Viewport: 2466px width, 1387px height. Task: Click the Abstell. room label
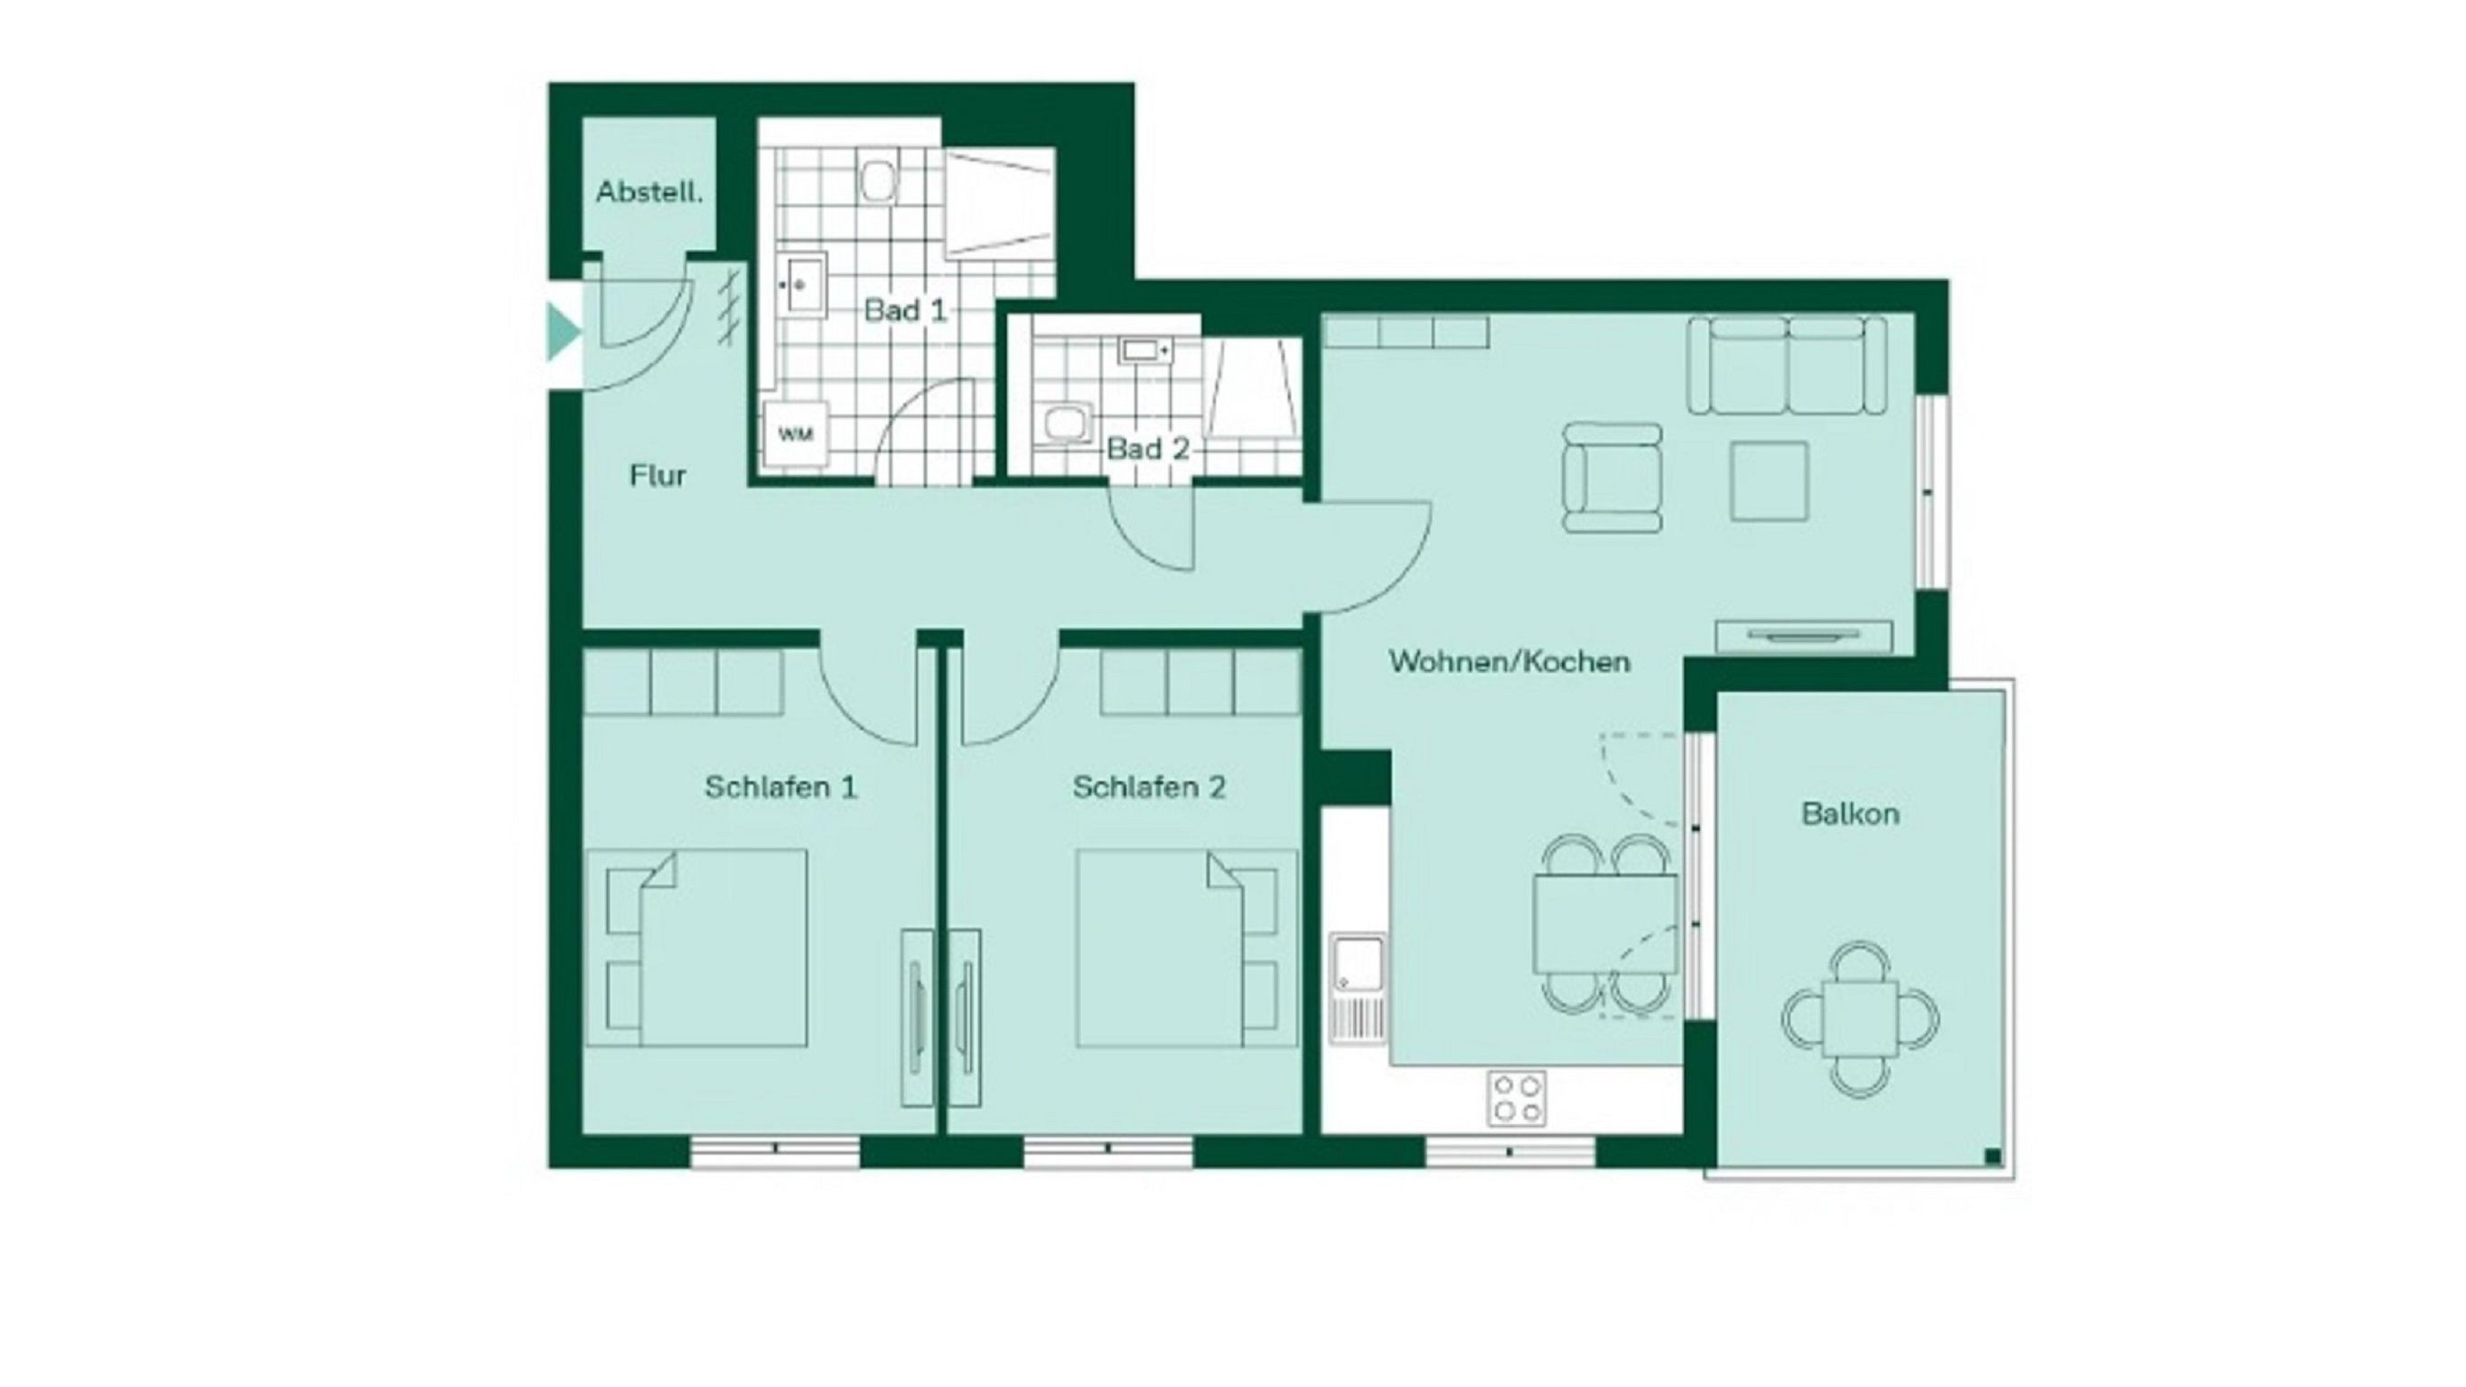pyautogui.click(x=649, y=192)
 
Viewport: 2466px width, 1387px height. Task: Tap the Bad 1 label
pyautogui.click(x=904, y=310)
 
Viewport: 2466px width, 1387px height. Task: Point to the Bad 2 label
pyautogui.click(x=1148, y=448)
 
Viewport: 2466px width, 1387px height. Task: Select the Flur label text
pyautogui.click(x=658, y=476)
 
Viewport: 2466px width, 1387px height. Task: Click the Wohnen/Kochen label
pyautogui.click(x=1509, y=661)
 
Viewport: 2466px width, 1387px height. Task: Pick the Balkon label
pyautogui.click(x=1851, y=814)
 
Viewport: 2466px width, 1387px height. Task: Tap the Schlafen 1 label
pyautogui.click(x=781, y=787)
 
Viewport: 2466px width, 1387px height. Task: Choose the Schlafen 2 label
pyautogui.click(x=1149, y=787)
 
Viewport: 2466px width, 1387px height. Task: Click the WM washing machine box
pyautogui.click(x=796, y=433)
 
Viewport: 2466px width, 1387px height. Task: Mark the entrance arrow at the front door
pyautogui.click(x=563, y=332)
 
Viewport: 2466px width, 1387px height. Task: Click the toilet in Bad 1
pyautogui.click(x=878, y=180)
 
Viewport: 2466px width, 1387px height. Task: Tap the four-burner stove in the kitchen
pyautogui.click(x=1517, y=1098)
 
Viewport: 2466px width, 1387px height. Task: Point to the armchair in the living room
pyautogui.click(x=1612, y=478)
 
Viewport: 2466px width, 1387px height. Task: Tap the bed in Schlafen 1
pyautogui.click(x=696, y=947)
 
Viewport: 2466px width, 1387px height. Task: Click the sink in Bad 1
pyautogui.click(x=806, y=284)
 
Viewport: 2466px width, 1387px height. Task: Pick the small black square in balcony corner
pyautogui.click(x=1992, y=1157)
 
